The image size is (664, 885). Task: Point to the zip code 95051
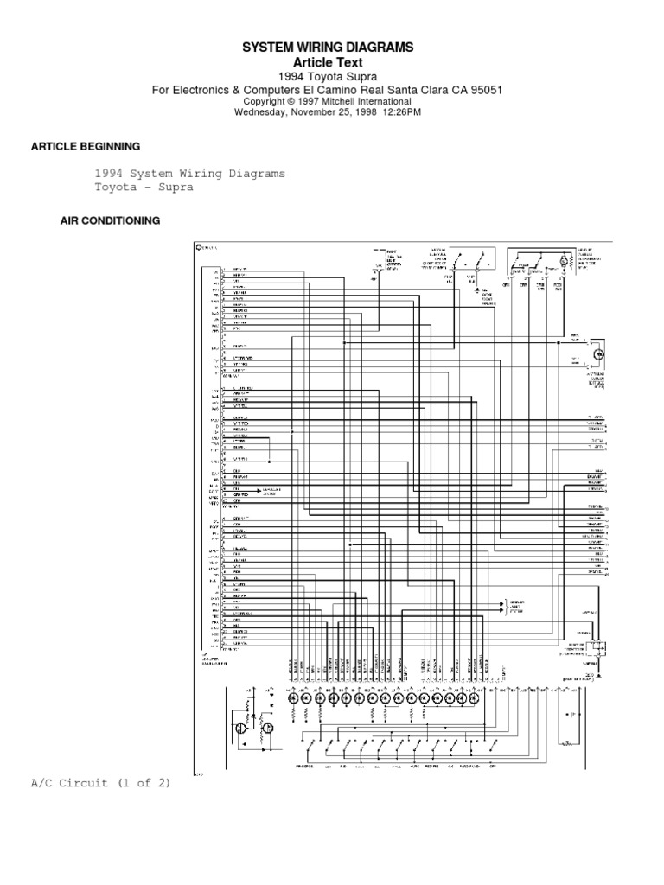484,90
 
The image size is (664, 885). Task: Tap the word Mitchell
322,101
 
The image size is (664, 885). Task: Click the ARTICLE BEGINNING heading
85,146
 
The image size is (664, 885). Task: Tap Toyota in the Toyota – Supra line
114,187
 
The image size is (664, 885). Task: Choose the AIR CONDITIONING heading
110,220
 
